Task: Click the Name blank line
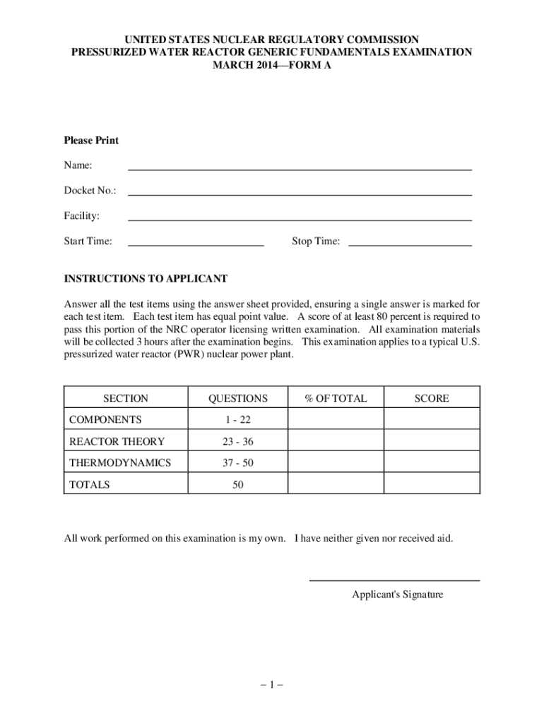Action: (299, 169)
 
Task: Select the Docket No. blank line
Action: (299, 194)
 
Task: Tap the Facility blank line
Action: (299, 220)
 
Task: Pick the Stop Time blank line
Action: (410, 245)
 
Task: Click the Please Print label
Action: (91, 141)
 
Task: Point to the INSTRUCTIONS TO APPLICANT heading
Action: (146, 279)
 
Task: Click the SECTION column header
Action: (126, 398)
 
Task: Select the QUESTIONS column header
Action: (237, 398)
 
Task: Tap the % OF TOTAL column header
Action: (336, 398)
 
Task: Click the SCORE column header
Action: (432, 398)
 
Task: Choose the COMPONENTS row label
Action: (105, 420)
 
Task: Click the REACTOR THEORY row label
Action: (117, 442)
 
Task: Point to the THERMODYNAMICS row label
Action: (120, 463)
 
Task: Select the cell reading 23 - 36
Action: (237, 442)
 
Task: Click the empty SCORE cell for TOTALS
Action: (432, 485)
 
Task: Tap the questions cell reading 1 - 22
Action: (237, 420)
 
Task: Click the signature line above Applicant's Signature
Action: (395, 580)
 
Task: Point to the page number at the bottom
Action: (271, 684)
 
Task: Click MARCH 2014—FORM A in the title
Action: (272, 66)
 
